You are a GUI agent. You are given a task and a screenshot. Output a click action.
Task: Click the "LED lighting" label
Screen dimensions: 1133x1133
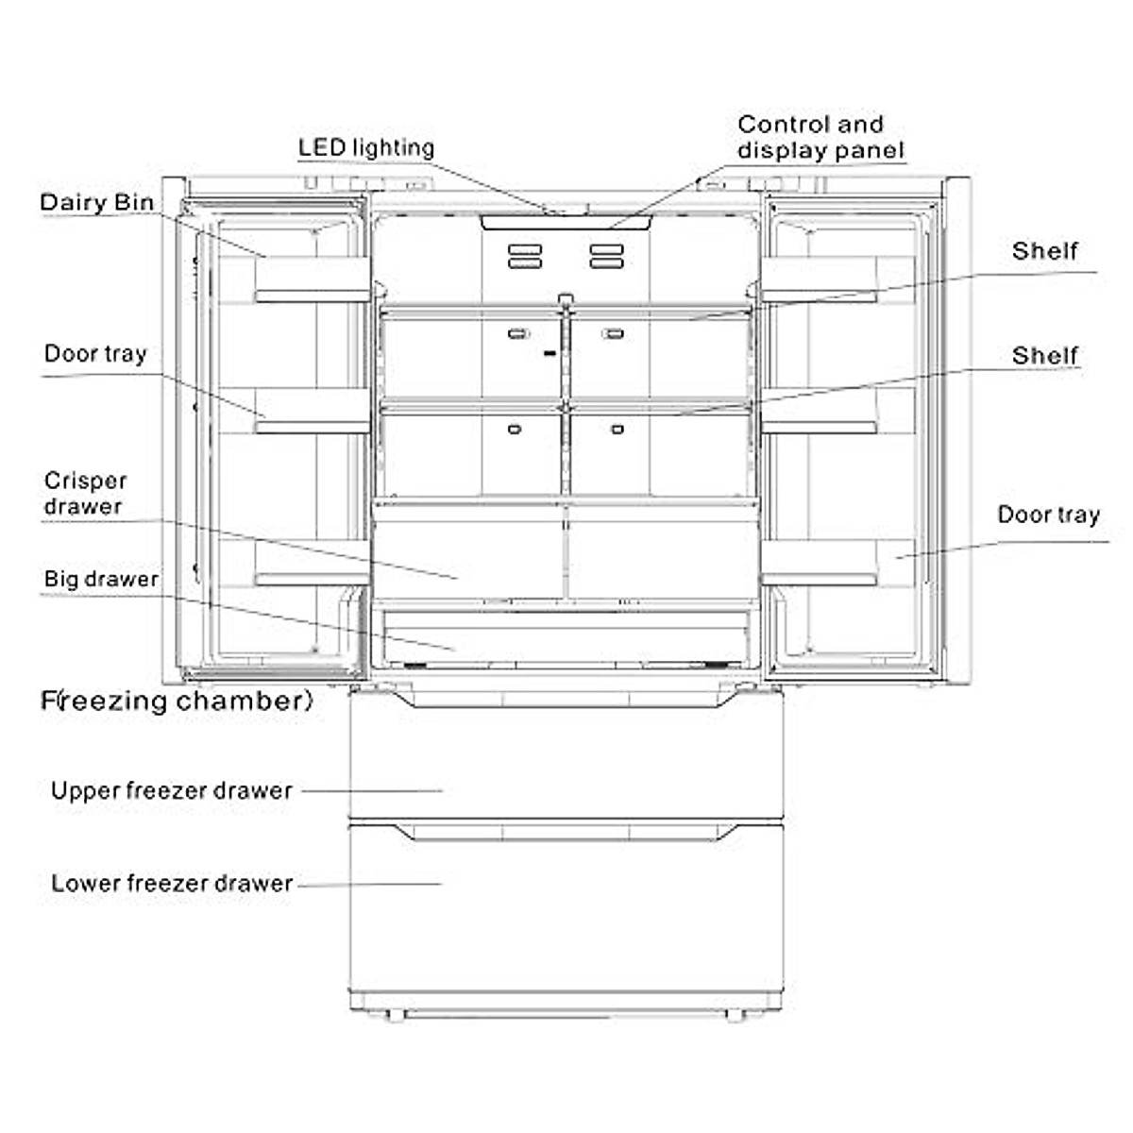click(366, 147)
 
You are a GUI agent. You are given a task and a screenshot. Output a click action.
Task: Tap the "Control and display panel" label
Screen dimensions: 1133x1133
click(820, 138)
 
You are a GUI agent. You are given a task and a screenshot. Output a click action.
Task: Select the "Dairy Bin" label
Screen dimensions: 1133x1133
click(96, 202)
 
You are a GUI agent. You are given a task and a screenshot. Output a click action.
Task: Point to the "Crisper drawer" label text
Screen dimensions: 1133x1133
click(84, 494)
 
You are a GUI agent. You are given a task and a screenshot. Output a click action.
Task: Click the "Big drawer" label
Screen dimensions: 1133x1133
click(101, 579)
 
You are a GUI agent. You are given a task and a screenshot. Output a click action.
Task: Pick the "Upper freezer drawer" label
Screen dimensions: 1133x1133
click(172, 790)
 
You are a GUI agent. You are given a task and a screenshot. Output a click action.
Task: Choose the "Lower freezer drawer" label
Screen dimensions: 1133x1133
click(172, 884)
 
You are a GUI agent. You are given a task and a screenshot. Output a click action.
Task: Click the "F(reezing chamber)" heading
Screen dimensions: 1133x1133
click(177, 701)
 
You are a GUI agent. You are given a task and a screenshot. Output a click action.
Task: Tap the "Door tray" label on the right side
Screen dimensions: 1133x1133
click(1049, 516)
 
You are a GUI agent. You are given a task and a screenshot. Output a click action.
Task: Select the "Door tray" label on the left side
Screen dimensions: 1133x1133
click(95, 354)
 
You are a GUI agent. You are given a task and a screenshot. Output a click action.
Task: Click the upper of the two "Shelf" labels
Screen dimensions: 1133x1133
click(1045, 251)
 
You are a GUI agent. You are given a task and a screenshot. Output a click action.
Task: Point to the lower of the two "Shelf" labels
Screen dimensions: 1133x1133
click(1045, 356)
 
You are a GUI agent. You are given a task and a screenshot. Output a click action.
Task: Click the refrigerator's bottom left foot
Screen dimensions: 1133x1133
click(396, 1015)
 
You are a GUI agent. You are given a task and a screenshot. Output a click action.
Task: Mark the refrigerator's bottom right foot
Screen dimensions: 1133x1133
click(734, 1015)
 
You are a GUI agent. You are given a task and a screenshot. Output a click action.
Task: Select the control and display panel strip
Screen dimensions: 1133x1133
click(566, 223)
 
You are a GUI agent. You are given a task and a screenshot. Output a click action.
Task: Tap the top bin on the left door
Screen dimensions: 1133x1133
click(312, 279)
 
